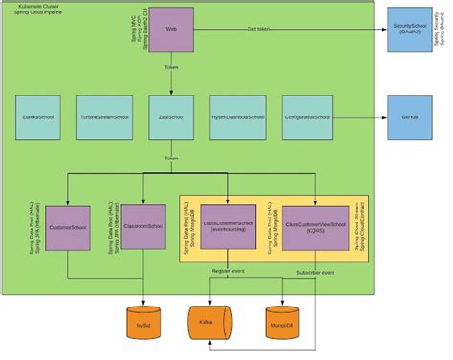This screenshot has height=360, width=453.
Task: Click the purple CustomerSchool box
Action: point(66,227)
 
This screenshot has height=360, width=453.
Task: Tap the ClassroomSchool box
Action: point(143,227)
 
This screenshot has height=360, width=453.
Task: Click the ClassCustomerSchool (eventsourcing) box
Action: point(227,227)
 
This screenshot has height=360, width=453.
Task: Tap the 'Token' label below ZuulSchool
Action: point(171,159)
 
